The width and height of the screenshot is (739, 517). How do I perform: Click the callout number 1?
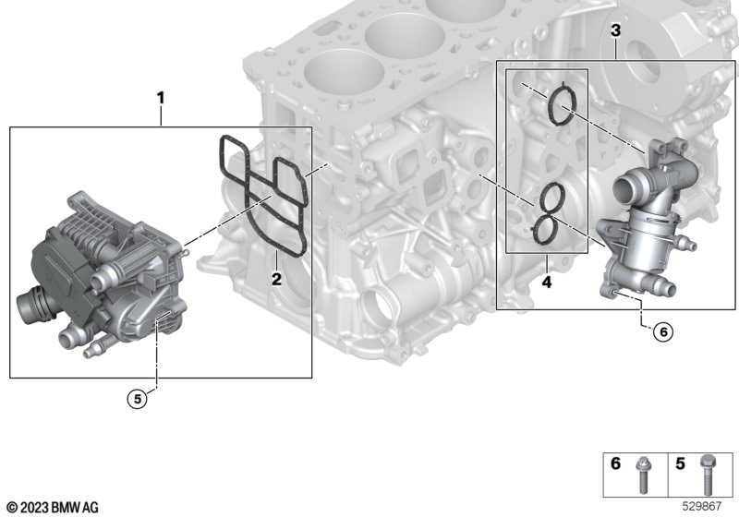[161, 99]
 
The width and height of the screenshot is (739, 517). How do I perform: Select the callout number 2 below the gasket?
[276, 279]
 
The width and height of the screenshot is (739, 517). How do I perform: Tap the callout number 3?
[615, 31]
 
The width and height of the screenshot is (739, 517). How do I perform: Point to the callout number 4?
[547, 283]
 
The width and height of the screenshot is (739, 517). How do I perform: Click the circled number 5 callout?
[137, 399]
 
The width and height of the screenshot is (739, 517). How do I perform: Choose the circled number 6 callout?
[663, 332]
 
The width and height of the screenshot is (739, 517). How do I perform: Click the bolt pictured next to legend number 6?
[641, 475]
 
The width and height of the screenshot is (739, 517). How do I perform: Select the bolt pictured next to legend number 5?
[707, 475]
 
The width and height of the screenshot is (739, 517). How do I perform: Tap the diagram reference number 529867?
[702, 507]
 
